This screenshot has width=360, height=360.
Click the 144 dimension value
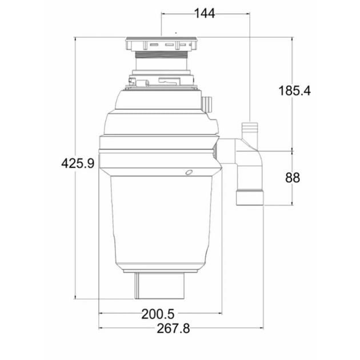tap(205, 13)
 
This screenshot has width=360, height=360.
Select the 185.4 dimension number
tap(294, 90)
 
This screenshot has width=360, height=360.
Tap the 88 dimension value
tap(293, 178)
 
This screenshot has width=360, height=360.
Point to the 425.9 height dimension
tap(78, 163)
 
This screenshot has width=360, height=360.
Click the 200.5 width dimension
tap(158, 314)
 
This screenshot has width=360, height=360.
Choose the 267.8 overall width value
tap(173, 329)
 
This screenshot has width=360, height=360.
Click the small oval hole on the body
tap(189, 172)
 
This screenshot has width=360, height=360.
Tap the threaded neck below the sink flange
tap(162, 54)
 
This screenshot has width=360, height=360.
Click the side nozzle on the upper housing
tap(207, 104)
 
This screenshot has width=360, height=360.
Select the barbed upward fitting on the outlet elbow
tap(250, 130)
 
